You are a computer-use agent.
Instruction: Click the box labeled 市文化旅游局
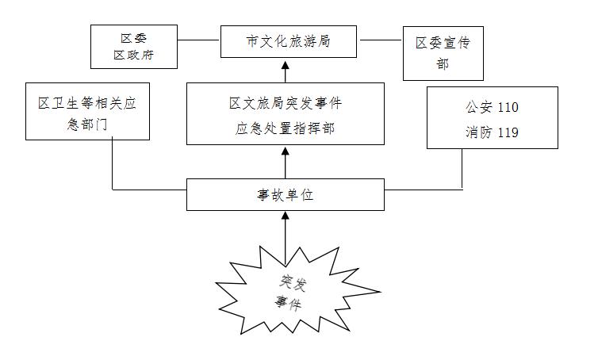(x=287, y=40)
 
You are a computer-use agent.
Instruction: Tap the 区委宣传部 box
(x=443, y=53)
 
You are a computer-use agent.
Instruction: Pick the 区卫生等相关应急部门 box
(x=87, y=111)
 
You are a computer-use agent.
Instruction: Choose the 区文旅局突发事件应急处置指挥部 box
(x=285, y=113)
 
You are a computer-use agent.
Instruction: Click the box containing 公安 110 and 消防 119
(x=493, y=117)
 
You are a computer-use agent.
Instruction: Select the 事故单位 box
(x=285, y=194)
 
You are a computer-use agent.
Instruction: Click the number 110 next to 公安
(x=508, y=106)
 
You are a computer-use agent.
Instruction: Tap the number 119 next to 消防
(x=508, y=132)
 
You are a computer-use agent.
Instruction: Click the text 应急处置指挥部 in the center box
(x=285, y=128)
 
